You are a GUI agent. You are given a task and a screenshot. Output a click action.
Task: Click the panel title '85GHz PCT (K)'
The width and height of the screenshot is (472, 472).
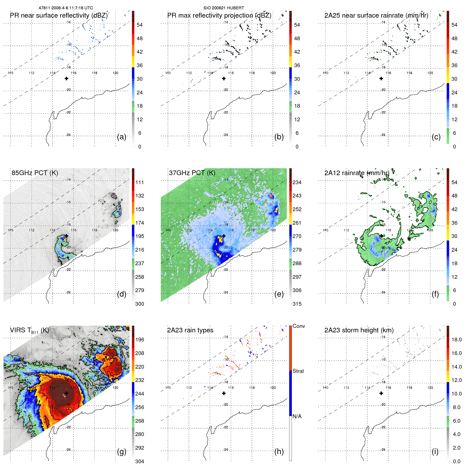[x=35, y=173]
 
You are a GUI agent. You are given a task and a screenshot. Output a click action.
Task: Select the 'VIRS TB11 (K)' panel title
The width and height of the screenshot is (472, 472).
[x=29, y=330]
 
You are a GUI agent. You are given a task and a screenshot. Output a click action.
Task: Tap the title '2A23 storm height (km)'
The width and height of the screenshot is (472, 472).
[x=359, y=330]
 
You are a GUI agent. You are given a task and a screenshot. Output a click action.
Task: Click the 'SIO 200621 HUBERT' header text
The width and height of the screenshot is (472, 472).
[x=224, y=8]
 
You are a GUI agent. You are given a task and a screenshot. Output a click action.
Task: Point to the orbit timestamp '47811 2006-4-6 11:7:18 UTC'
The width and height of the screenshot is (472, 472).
[x=66, y=8]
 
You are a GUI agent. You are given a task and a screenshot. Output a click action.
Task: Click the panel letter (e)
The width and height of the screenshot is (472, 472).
[x=279, y=294]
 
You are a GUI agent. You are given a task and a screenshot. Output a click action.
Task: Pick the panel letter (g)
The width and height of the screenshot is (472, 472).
[x=122, y=451]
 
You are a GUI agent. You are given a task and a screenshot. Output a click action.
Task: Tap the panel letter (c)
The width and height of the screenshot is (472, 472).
[x=436, y=137]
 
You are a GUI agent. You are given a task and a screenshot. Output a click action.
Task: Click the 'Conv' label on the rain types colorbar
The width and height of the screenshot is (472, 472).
[x=298, y=326]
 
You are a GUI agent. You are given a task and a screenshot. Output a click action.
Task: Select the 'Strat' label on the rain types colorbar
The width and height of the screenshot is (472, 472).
[x=298, y=371]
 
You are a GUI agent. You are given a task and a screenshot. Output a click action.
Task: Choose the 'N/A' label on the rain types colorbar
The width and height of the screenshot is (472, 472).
[x=297, y=416]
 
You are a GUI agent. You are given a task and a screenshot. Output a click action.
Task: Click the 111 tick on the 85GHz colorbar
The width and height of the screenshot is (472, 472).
[x=139, y=182]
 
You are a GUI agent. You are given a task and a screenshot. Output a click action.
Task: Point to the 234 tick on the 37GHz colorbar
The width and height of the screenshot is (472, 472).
[x=297, y=182]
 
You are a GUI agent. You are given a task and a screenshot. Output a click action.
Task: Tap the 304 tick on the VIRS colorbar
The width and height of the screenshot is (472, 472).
[x=139, y=461]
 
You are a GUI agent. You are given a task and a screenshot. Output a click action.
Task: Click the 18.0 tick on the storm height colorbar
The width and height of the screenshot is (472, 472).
[x=457, y=340]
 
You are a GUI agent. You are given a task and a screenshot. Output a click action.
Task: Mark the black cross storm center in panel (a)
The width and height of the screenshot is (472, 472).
[x=66, y=78]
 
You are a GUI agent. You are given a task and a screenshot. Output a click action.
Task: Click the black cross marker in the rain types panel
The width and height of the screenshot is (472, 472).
[x=224, y=393]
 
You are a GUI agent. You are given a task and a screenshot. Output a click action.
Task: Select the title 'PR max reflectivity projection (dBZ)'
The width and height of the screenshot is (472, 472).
[x=219, y=15]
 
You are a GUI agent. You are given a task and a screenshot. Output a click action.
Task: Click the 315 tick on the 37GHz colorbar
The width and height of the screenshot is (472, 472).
[x=297, y=304]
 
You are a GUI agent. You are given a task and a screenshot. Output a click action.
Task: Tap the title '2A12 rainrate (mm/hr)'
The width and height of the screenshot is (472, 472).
[x=357, y=173]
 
